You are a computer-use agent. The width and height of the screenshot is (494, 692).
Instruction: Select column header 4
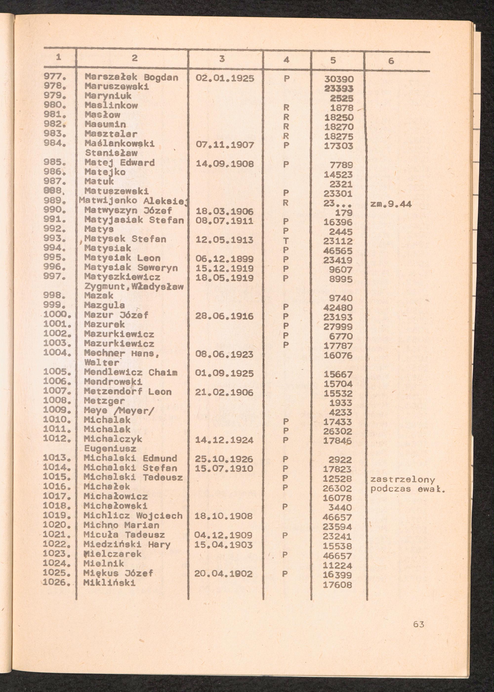[286, 60]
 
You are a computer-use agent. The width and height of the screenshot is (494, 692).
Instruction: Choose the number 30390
[339, 79]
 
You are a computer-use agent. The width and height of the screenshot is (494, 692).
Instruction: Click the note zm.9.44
[391, 204]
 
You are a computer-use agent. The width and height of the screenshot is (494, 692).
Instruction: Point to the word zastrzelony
[402, 480]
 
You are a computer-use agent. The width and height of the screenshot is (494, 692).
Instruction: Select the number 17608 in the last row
[337, 585]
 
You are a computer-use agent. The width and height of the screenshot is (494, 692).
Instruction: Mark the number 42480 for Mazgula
[338, 308]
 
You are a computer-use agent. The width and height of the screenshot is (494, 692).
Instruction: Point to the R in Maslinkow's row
[286, 108]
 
